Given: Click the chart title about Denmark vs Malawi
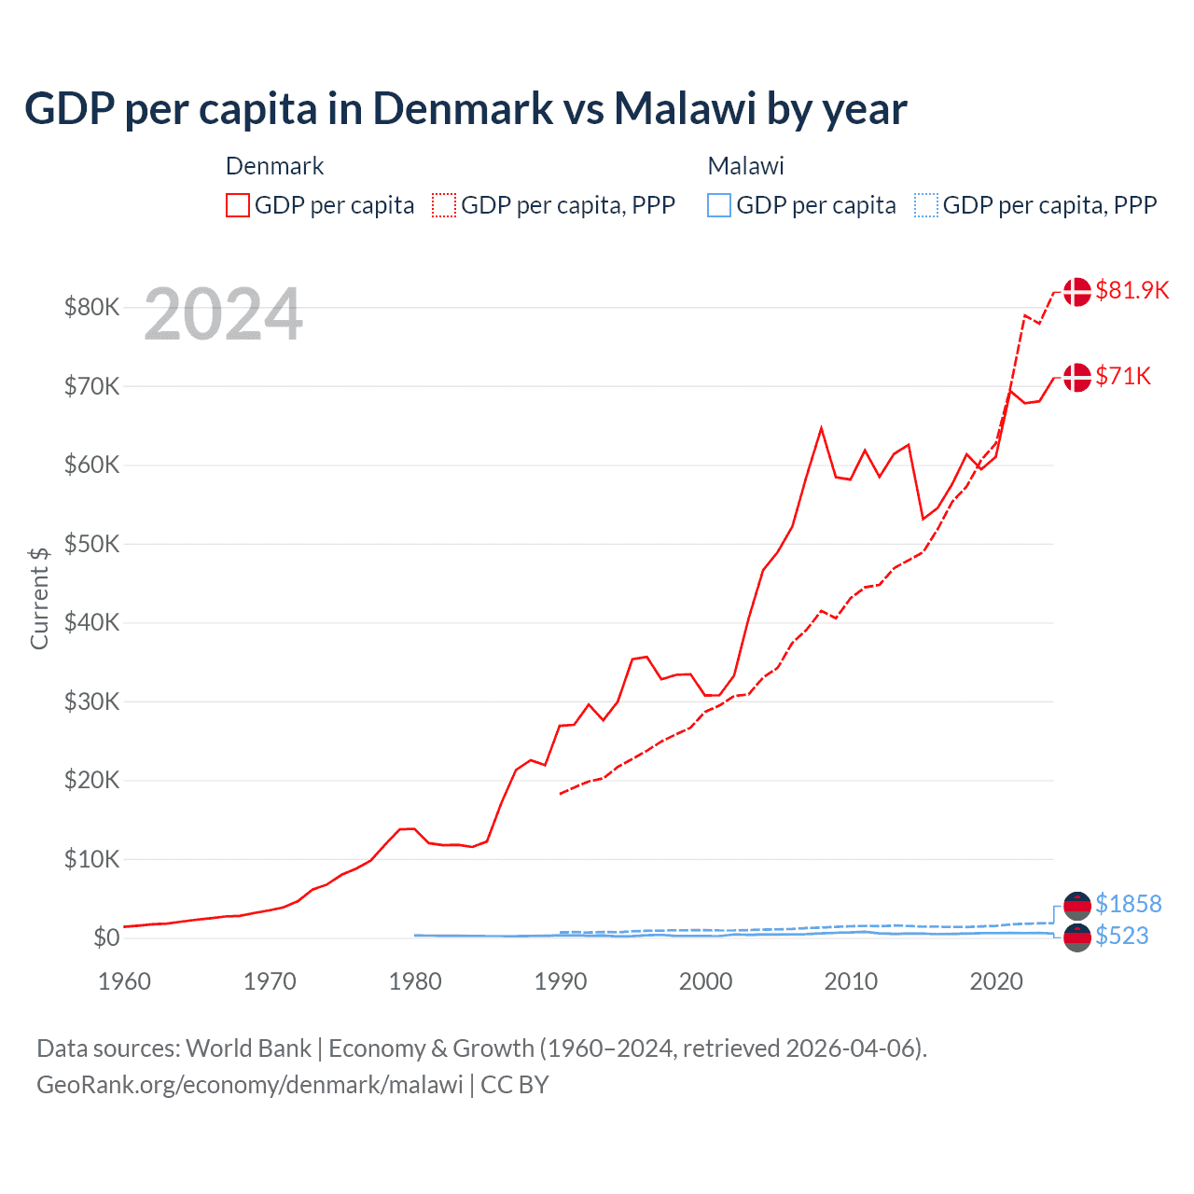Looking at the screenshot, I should pyautogui.click(x=465, y=108).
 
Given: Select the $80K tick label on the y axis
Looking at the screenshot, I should pyautogui.click(x=91, y=307).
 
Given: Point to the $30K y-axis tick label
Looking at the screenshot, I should pyautogui.click(x=91, y=701).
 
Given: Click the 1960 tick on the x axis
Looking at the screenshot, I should pyautogui.click(x=124, y=981).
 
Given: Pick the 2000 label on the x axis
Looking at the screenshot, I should pyautogui.click(x=706, y=981).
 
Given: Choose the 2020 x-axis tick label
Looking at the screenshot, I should pyautogui.click(x=996, y=981).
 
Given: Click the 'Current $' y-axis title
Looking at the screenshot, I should pyautogui.click(x=39, y=598).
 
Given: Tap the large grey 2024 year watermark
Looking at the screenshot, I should pyautogui.click(x=223, y=314).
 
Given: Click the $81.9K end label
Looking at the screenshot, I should pyautogui.click(x=1132, y=290).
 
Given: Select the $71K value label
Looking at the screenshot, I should pyautogui.click(x=1123, y=376).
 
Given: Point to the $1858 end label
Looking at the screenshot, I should pyautogui.click(x=1128, y=904).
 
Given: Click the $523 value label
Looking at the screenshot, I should pyautogui.click(x=1121, y=936).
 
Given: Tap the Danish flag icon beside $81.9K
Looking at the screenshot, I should pyautogui.click(x=1077, y=291).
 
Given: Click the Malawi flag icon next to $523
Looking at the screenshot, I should pyautogui.click(x=1077, y=937).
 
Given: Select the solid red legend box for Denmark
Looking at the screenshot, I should pyautogui.click(x=238, y=205).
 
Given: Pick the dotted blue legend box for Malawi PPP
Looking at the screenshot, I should pyautogui.click(x=926, y=205).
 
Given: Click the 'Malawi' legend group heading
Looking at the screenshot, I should pyautogui.click(x=745, y=166).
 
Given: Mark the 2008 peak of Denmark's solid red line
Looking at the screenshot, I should pyautogui.click(x=821, y=428).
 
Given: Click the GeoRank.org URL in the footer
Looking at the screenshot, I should pyautogui.click(x=249, y=1085).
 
